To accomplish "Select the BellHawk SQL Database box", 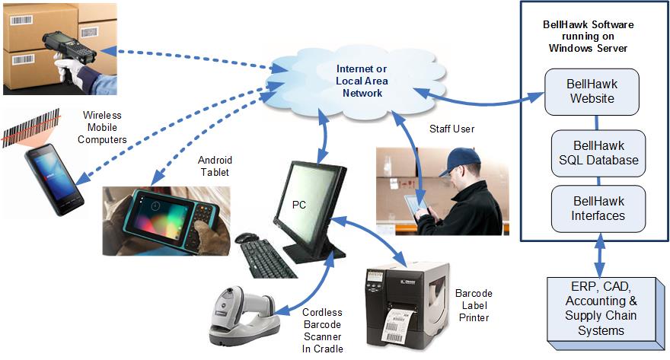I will [598, 152].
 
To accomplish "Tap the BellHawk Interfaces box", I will [598, 208].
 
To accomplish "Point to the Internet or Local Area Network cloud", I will [359, 79].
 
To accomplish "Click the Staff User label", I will [451, 129].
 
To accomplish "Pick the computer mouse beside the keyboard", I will [246, 237].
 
